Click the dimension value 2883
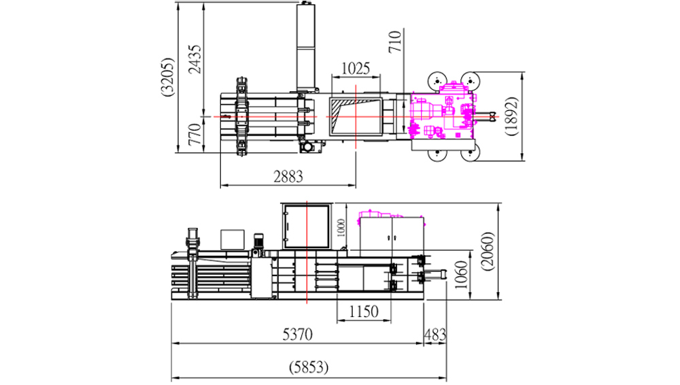[x=288, y=177]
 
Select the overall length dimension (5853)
[x=309, y=367]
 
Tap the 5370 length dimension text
[x=298, y=334]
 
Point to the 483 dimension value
[x=435, y=334]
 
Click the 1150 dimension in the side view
[x=364, y=312]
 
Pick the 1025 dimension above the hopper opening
[x=356, y=69]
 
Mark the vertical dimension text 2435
[x=195, y=59]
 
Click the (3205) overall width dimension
[x=167, y=76]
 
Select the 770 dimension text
[x=195, y=134]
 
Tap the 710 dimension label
[x=395, y=42]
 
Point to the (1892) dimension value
[x=511, y=116]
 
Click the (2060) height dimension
[x=488, y=251]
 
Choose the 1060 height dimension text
[x=461, y=275]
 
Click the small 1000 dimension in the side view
[x=341, y=228]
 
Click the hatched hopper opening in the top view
[x=356, y=116]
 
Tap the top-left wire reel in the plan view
[x=437, y=81]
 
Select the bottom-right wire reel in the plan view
[x=471, y=152]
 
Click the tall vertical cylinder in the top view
[x=306, y=46]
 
